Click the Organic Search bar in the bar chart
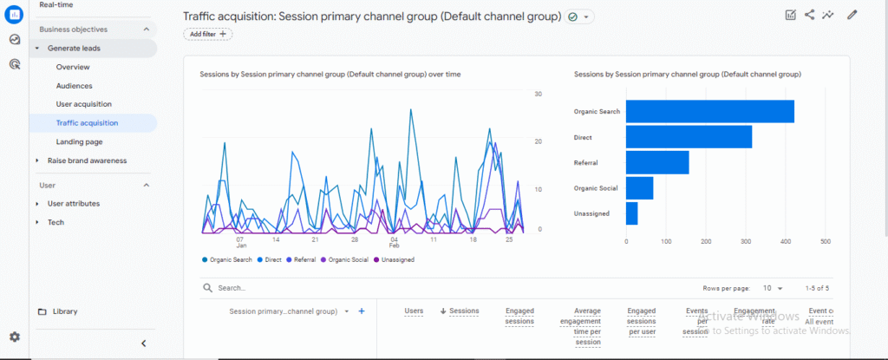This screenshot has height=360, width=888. (x=709, y=112)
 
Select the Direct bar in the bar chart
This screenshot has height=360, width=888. (x=689, y=137)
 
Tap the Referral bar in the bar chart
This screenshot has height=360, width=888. (x=657, y=162)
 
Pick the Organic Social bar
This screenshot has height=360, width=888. (x=639, y=187)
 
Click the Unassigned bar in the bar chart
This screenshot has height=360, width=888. (x=631, y=213)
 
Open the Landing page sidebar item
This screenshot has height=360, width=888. (x=79, y=141)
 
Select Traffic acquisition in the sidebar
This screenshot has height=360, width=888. (x=87, y=123)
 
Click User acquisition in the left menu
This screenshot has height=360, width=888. (x=83, y=104)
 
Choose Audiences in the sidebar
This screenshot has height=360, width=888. (x=74, y=86)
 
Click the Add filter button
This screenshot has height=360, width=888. (x=207, y=34)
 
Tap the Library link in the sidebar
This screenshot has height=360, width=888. (x=65, y=311)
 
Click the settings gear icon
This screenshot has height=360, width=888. (x=15, y=337)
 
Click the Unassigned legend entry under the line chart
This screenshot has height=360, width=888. (x=396, y=259)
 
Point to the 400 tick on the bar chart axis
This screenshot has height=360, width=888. (x=785, y=241)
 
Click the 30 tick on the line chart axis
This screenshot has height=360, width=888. (x=538, y=94)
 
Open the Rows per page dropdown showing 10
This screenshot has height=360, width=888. (x=773, y=288)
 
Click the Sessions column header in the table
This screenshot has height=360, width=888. (x=460, y=311)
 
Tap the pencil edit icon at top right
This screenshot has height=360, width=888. (x=852, y=15)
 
